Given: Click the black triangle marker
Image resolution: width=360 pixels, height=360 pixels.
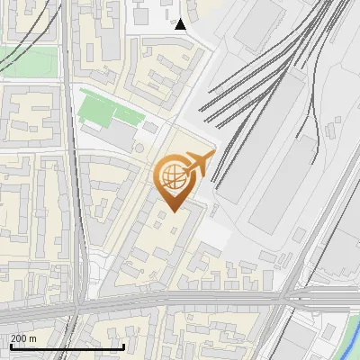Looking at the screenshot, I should (x=181, y=23).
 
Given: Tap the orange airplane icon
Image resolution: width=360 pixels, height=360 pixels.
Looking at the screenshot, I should (x=198, y=164).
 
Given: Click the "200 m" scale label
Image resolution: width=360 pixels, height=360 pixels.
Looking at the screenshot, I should (x=23, y=338).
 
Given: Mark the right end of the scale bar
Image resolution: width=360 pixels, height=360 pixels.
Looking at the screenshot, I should (x=124, y=346).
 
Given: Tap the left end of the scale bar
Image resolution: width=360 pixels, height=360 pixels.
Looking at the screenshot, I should (x=11, y=346).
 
